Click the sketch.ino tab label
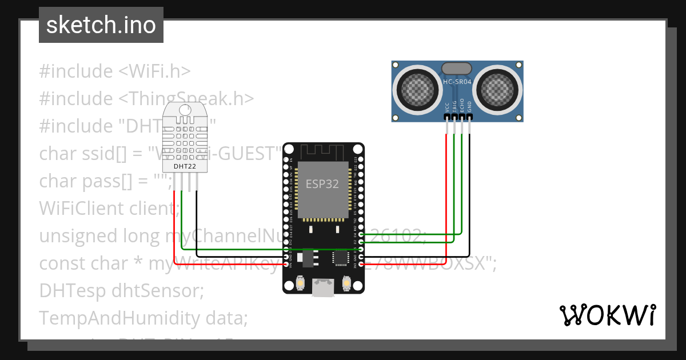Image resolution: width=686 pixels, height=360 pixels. pyautogui.click(x=101, y=25)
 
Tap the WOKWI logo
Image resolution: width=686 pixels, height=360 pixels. pyautogui.click(x=607, y=315)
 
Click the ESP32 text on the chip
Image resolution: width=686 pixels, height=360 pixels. pyautogui.click(x=322, y=184)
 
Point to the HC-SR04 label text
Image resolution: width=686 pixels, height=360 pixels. pyautogui.click(x=457, y=82)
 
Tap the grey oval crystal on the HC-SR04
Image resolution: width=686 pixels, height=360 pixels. pyautogui.click(x=457, y=68)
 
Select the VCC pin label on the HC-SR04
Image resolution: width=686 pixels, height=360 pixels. pyautogui.click(x=446, y=107)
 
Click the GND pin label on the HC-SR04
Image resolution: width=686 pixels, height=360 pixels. pyautogui.click(x=469, y=107)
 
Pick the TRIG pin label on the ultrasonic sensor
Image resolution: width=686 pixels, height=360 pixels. pyautogui.click(x=454, y=106)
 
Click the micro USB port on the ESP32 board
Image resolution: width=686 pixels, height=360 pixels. pyautogui.click(x=324, y=287)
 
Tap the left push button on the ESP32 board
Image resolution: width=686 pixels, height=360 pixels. pyautogui.click(x=301, y=283)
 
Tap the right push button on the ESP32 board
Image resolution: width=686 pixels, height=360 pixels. pyautogui.click(x=346, y=283)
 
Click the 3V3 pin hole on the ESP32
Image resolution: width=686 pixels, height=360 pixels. pyautogui.click(x=361, y=264)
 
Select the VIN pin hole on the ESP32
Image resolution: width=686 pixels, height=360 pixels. pyautogui.click(x=287, y=264)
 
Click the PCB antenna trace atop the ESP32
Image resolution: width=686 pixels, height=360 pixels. pyautogui.click(x=324, y=152)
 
